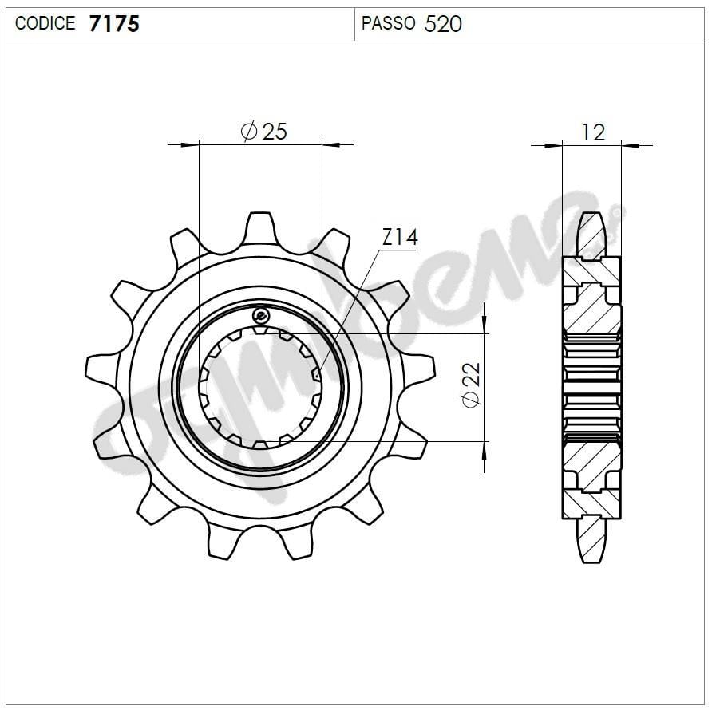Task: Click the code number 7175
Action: coord(114,24)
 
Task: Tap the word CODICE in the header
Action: coord(45,23)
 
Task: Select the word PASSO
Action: coord(388,23)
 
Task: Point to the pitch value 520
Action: coord(443,24)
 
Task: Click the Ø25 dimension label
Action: coord(264,132)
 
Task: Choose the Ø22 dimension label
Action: coord(471,385)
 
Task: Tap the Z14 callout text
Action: coord(400,237)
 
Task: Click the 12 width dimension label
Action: coord(593,132)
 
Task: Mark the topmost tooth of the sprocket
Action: coord(260,227)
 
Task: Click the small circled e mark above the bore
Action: coord(261,314)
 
